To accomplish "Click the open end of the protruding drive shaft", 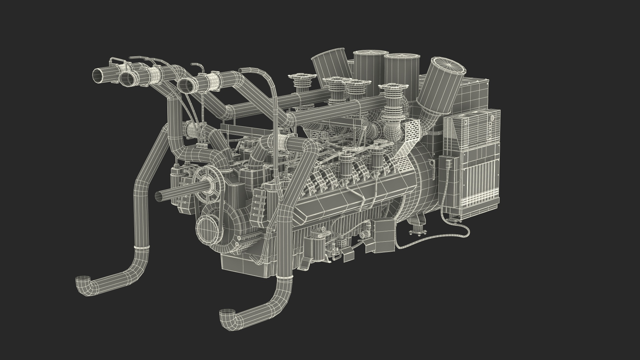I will point(159,196).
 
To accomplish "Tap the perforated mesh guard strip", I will point(412,140).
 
